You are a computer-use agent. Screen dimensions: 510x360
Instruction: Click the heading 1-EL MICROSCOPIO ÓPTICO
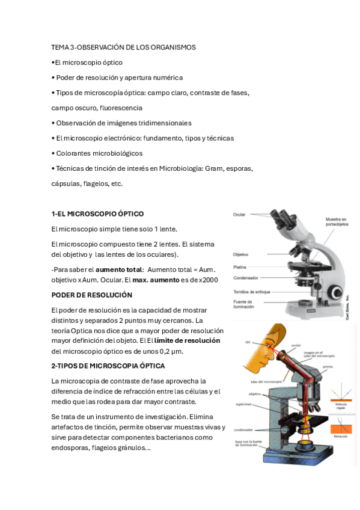coord(97,214)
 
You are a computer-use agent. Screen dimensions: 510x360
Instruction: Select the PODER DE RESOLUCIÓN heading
coord(91,295)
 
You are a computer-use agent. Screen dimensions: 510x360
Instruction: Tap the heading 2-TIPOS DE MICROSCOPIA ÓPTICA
coord(108,366)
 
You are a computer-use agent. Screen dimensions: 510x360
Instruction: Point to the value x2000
coord(209,280)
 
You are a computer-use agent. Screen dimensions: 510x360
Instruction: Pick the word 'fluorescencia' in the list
coord(121,108)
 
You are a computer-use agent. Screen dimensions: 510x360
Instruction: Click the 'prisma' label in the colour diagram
coord(327,366)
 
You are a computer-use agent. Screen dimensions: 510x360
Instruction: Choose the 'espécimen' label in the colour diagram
coord(243,405)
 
